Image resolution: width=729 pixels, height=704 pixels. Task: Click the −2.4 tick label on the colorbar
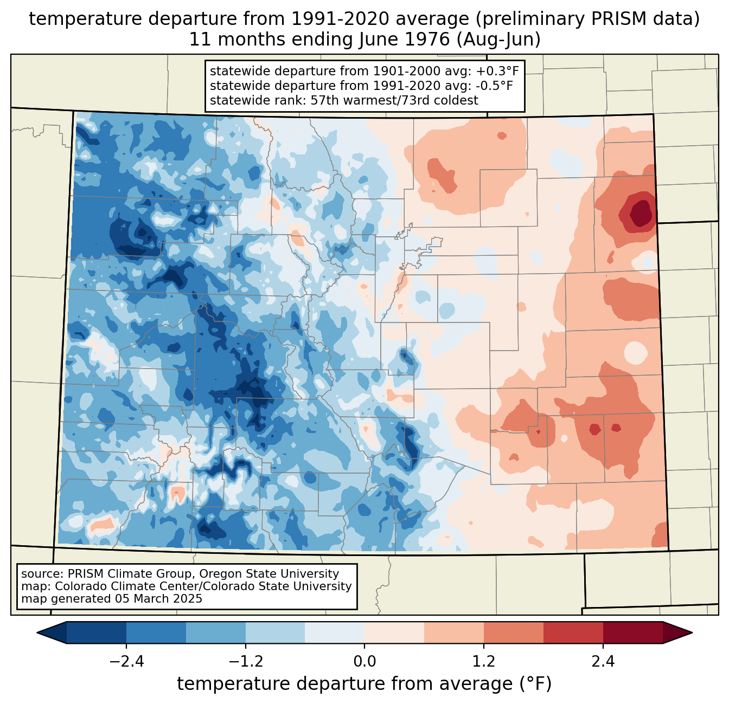pos(126,662)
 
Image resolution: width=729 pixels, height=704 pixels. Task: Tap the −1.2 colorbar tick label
pos(245,662)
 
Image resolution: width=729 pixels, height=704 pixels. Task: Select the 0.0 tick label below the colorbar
pos(364,662)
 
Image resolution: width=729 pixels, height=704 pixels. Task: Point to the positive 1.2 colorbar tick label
pos(484,662)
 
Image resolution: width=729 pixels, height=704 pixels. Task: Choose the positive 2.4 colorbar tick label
pos(603,662)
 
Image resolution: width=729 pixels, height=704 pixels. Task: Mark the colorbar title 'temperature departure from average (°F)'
pos(364,684)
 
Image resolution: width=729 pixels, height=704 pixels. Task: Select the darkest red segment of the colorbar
pos(632,632)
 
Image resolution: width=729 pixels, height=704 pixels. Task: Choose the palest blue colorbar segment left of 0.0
pos(335,632)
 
